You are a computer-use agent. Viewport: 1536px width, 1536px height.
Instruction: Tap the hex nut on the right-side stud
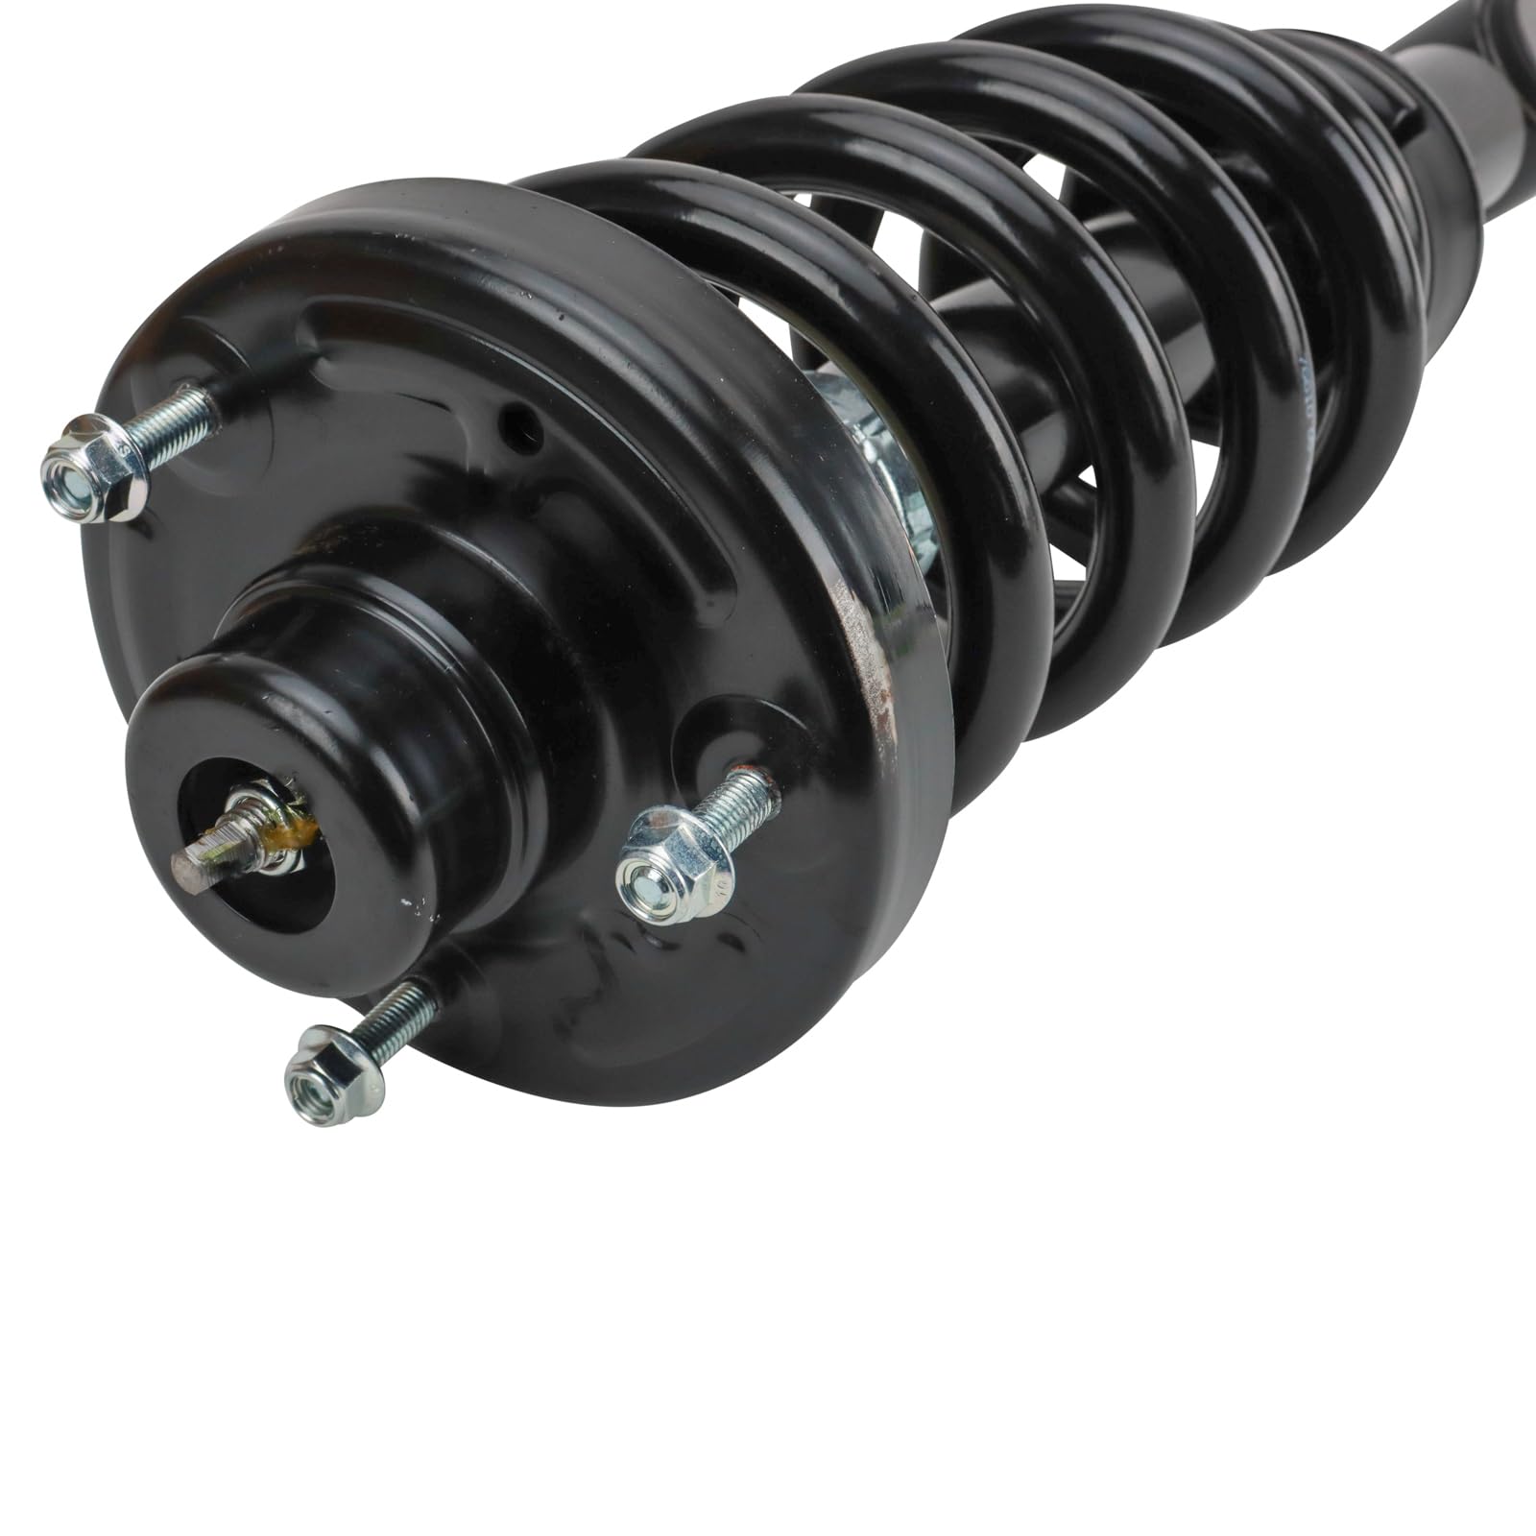tap(674, 862)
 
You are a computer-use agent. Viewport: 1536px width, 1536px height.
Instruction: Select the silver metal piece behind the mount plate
tap(878, 451)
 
